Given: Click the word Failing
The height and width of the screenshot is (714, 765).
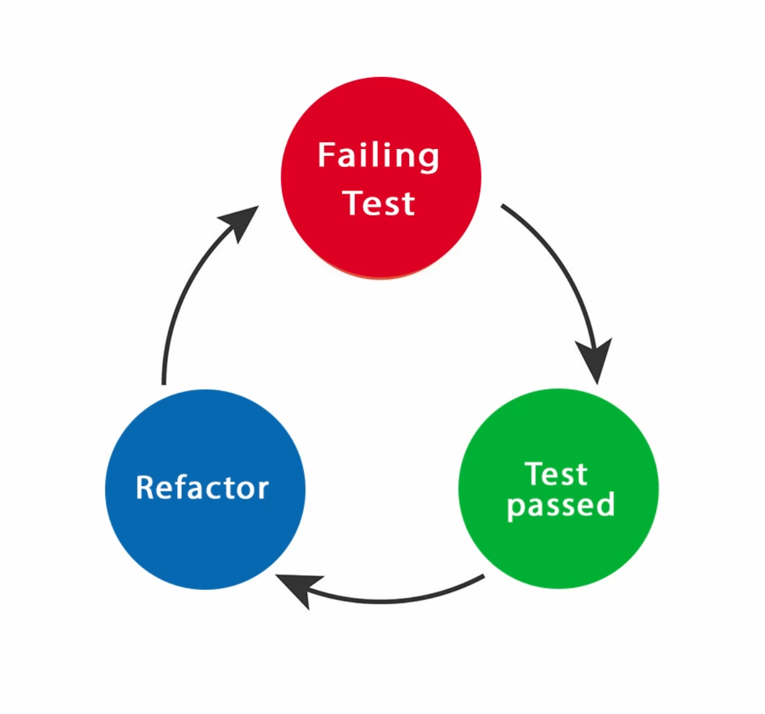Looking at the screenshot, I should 378,157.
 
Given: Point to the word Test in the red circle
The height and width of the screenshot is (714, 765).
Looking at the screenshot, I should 380,203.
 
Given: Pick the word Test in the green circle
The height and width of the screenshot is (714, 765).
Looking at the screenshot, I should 556,474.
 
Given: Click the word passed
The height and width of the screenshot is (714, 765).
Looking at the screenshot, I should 561,505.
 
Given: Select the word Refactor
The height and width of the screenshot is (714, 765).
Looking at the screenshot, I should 203,488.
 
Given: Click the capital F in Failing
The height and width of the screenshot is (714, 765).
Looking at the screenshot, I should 327,155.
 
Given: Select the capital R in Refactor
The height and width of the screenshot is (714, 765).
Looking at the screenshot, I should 147,488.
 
